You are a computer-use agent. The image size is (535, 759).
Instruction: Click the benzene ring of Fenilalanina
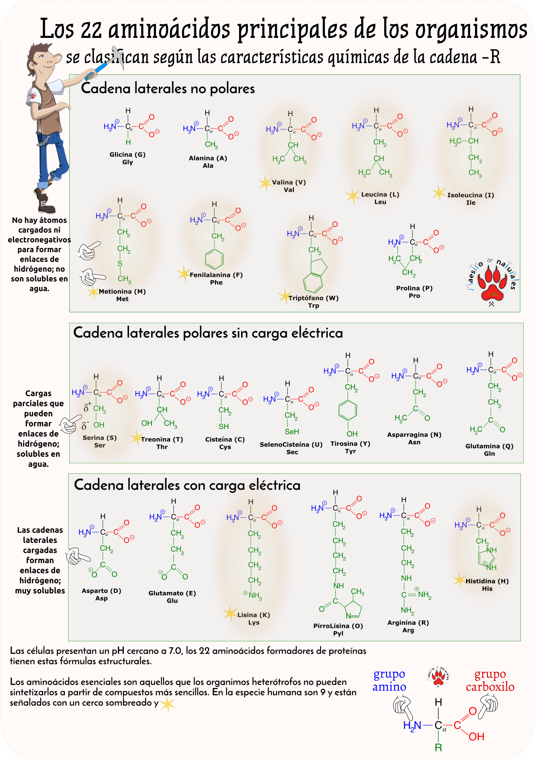click(214, 259)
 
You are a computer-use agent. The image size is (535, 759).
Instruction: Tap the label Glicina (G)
click(127, 154)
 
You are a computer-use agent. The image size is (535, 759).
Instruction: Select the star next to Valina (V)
click(265, 183)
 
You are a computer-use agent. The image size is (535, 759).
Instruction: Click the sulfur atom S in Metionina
click(120, 264)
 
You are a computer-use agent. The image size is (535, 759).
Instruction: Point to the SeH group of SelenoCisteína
click(292, 432)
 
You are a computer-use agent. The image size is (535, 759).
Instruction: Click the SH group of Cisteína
click(224, 426)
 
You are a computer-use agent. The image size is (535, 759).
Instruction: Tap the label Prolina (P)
click(414, 288)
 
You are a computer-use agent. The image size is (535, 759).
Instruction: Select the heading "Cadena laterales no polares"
click(168, 88)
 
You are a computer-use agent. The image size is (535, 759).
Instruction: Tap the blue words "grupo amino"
click(389, 680)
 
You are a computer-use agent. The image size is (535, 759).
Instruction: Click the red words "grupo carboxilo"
click(490, 680)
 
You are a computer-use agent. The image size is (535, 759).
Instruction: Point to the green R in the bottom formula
click(438, 747)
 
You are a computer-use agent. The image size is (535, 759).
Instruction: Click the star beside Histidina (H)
click(459, 580)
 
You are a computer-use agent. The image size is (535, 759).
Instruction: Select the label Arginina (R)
click(408, 622)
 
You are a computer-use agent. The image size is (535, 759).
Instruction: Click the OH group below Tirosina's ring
click(352, 434)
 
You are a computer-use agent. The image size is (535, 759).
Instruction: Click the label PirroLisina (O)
click(338, 626)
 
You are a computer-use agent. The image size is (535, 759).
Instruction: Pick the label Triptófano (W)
click(313, 298)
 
